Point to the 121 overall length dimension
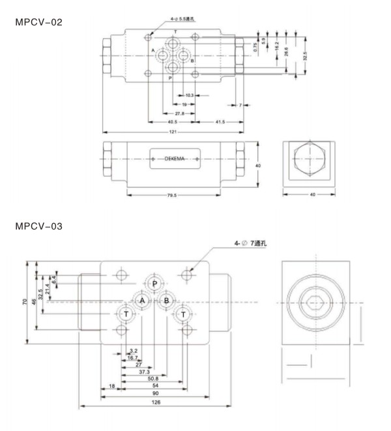pyautogui.click(x=173, y=132)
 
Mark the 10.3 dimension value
pyautogui.click(x=190, y=96)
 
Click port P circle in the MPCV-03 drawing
pyautogui.click(x=154, y=284)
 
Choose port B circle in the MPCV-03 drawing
pyautogui.click(x=166, y=300)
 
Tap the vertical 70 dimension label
pyautogui.click(x=24, y=303)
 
